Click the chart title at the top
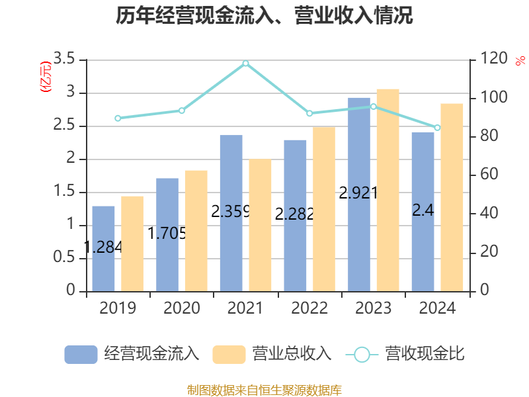(x=264, y=16)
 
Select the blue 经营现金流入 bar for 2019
(x=103, y=248)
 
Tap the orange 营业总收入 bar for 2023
(x=387, y=190)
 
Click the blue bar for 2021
(x=231, y=213)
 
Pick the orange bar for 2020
(x=196, y=230)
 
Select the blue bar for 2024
(x=423, y=212)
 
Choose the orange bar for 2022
(x=324, y=208)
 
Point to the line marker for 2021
(x=245, y=64)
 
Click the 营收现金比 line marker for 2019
(x=118, y=118)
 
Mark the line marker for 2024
(x=437, y=128)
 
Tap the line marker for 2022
(x=309, y=113)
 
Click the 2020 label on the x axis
(x=182, y=308)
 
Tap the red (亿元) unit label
(x=45, y=78)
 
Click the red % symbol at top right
(x=520, y=60)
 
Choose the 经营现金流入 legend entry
(x=132, y=354)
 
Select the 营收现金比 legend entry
(x=405, y=354)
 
